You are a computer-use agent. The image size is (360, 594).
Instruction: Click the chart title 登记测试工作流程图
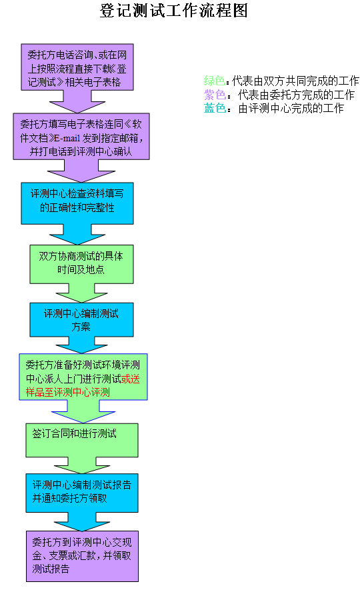pyautogui.click(x=174, y=10)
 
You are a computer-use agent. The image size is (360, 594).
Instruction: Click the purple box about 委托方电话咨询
pyautogui.click(x=77, y=67)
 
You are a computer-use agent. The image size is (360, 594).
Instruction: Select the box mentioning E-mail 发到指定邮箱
pyautogui.click(x=81, y=137)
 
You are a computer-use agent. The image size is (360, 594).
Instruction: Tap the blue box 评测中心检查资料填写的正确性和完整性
pyautogui.click(x=77, y=203)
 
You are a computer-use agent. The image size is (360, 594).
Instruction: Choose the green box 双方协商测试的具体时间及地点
pyautogui.click(x=81, y=264)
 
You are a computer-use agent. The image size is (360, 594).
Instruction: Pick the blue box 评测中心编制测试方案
pyautogui.click(x=81, y=320)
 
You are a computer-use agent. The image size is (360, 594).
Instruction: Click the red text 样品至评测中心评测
pyautogui.click(x=68, y=392)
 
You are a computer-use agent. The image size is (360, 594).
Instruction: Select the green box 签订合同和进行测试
pyautogui.click(x=82, y=440)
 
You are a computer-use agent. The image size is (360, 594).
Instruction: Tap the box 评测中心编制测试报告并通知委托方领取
pyautogui.click(x=82, y=493)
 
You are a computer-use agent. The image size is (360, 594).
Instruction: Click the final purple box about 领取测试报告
pyautogui.click(x=82, y=556)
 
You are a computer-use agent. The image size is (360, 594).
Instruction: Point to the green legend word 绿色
pyautogui.click(x=215, y=81)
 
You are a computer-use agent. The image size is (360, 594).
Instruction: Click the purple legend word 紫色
pyautogui.click(x=215, y=94)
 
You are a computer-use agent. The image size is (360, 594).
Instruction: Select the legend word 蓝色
pyautogui.click(x=215, y=108)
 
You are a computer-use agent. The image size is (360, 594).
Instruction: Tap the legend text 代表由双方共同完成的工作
pyautogui.click(x=295, y=81)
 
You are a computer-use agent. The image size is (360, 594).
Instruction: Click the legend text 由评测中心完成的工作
pyautogui.click(x=291, y=109)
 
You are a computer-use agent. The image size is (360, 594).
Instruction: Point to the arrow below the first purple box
pyautogui.click(x=77, y=101)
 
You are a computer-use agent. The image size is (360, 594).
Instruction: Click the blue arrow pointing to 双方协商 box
pyautogui.click(x=77, y=235)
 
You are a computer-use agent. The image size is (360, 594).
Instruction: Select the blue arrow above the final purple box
pyautogui.click(x=82, y=522)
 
